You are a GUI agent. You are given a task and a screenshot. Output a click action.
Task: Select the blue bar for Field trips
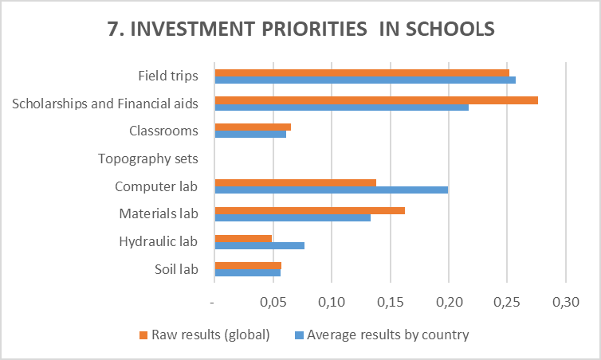[364, 80]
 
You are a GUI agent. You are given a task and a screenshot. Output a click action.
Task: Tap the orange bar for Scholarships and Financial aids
[375, 100]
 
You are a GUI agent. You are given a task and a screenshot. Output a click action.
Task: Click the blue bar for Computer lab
[331, 190]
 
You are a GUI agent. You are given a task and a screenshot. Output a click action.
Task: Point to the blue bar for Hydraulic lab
[259, 245]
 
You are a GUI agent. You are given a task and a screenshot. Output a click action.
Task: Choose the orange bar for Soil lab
[248, 265]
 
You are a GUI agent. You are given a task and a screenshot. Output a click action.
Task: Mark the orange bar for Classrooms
[253, 127]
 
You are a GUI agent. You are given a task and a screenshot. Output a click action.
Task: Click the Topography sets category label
[147, 158]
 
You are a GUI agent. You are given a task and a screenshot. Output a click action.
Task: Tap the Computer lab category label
[156, 186]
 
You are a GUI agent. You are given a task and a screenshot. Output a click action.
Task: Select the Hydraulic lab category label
[158, 241]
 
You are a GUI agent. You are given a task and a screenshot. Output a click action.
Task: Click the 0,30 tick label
[565, 303]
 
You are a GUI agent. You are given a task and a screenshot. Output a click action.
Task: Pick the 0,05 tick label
[273, 303]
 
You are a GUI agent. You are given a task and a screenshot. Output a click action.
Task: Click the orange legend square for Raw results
[143, 335]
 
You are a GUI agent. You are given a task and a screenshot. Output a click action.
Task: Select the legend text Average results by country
[388, 335]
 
